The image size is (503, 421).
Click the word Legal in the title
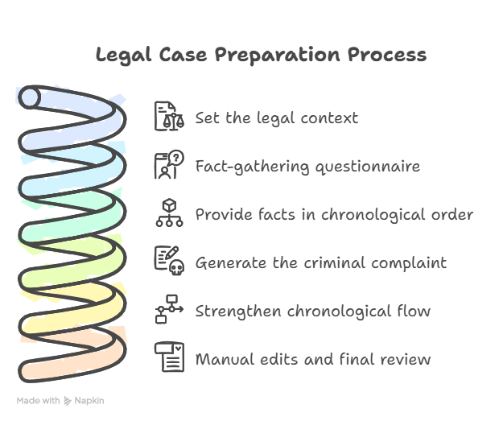tap(123, 55)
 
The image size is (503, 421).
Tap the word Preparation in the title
tap(277, 55)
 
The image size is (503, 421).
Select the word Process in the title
tap(387, 55)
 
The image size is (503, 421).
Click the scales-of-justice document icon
tap(169, 116)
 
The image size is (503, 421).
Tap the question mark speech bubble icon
tap(169, 164)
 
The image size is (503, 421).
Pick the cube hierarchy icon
tap(169, 213)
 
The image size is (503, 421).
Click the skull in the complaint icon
tap(177, 267)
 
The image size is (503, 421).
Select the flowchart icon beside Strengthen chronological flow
tap(169, 309)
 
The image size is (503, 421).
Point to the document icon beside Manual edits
tap(169, 357)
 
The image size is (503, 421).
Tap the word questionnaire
tap(368, 167)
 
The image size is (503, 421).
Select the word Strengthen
tap(238, 312)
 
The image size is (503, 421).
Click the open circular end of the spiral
tap(30, 97)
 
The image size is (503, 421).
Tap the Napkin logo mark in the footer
tap(68, 401)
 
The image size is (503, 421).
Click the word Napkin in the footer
tap(89, 401)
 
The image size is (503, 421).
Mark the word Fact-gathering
tap(252, 167)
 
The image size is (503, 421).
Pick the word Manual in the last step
tap(225, 359)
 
